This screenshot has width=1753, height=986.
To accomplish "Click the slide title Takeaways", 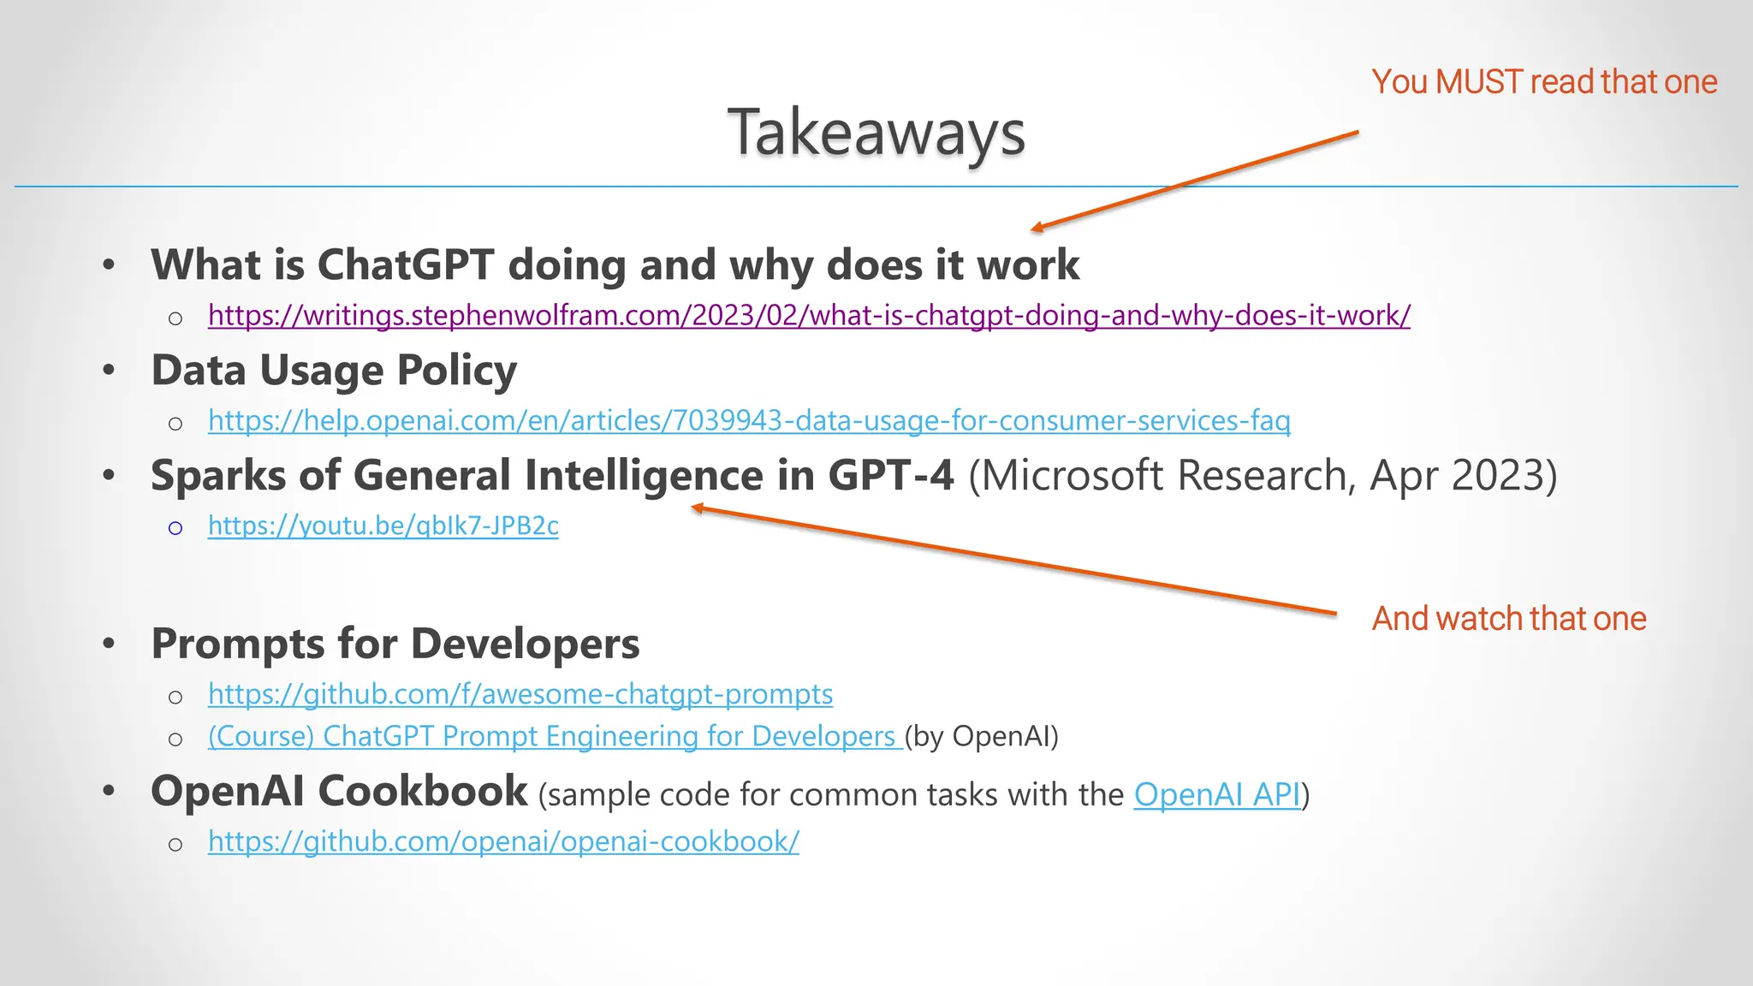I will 876,134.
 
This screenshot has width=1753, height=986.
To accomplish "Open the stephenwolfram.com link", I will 809,316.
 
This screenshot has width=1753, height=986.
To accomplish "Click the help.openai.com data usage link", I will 749,421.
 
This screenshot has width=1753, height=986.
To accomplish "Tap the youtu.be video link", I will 383,526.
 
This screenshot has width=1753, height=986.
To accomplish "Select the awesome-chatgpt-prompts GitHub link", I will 520,694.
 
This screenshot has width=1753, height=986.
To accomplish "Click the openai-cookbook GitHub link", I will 503,842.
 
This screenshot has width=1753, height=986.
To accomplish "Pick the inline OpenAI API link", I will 1216,795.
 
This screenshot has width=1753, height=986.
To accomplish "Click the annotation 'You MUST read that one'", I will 1544,82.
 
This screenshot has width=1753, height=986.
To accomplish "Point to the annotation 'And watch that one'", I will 1509,619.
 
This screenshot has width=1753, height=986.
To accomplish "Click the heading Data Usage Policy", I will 334,371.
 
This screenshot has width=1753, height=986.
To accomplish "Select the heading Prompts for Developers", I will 395,644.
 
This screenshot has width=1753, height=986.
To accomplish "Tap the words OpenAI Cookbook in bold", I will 339,792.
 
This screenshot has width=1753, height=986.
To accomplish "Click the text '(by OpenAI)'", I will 982,737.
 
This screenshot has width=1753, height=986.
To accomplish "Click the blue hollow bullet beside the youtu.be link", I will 175,528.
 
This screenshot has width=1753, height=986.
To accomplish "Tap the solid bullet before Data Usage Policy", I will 109,371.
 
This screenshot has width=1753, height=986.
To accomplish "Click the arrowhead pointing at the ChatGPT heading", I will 1037,228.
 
